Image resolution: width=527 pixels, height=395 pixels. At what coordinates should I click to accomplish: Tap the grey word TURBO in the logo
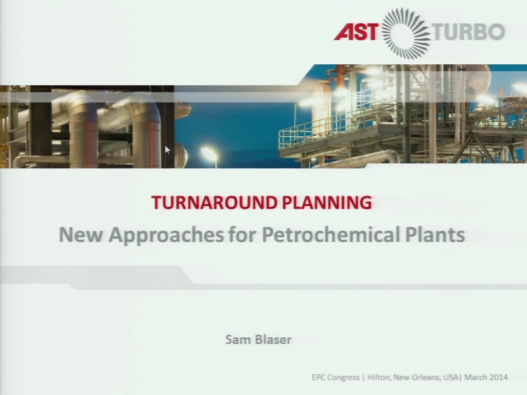pyautogui.click(x=468, y=31)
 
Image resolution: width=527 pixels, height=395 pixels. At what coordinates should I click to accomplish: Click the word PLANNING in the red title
pyautogui.click(x=327, y=202)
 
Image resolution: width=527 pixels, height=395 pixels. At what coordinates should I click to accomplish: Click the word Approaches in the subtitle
pyautogui.click(x=166, y=235)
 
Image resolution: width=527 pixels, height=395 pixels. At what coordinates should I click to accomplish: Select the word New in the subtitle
pyautogui.click(x=81, y=235)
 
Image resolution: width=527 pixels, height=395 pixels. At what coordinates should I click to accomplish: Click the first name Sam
pyautogui.click(x=238, y=339)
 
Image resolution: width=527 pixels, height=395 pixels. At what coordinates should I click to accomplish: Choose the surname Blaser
pyautogui.click(x=273, y=339)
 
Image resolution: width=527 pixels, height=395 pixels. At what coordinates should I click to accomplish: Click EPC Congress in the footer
pyautogui.click(x=336, y=378)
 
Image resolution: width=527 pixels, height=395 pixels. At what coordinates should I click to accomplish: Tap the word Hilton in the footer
pyautogui.click(x=379, y=377)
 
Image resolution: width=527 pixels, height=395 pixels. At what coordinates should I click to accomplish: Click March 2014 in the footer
pyautogui.click(x=486, y=377)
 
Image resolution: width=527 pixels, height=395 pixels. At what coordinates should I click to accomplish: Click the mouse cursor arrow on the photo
pyautogui.click(x=167, y=150)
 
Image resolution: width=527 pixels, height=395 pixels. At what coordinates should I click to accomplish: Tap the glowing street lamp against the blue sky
pyautogui.click(x=209, y=154)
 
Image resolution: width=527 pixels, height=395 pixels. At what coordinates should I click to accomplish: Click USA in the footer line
pyautogui.click(x=451, y=377)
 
